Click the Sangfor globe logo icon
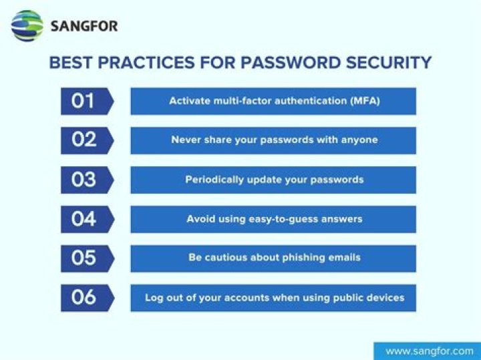click(27, 26)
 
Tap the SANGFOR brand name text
click(84, 27)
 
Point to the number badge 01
click(84, 101)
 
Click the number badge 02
click(84, 140)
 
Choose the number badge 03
click(84, 180)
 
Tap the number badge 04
click(84, 219)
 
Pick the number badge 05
click(84, 258)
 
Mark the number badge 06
click(84, 297)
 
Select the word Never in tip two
click(185, 140)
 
